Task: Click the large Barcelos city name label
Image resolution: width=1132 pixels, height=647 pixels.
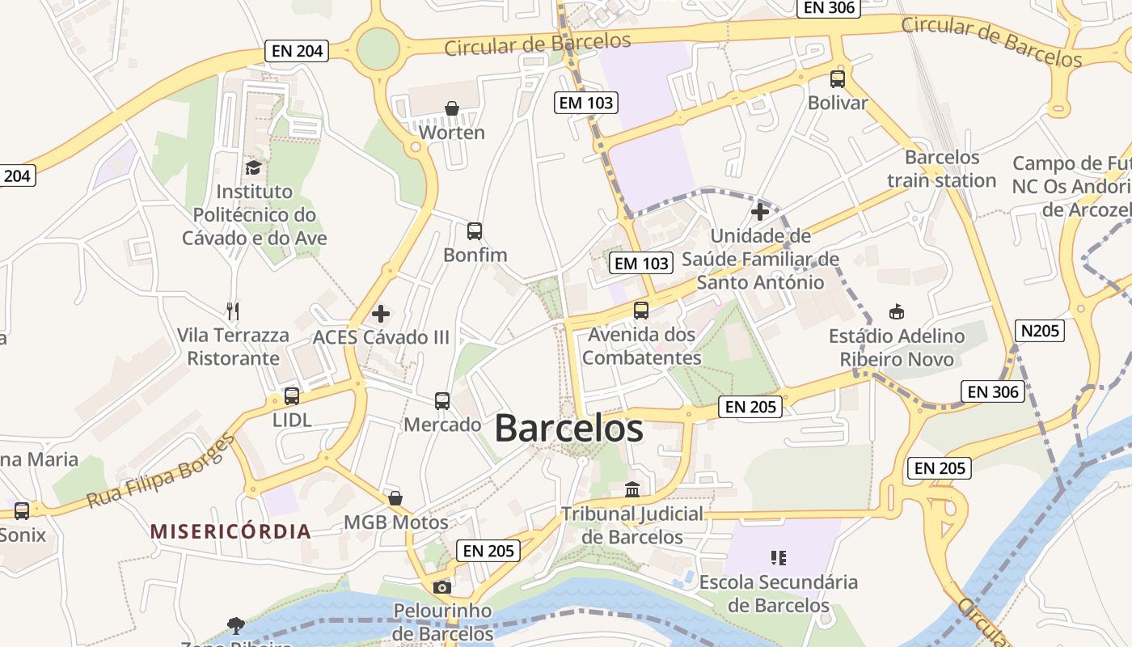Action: coord(568,428)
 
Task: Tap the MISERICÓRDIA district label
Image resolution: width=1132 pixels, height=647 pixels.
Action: coord(230,531)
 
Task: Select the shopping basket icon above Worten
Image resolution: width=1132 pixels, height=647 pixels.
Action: coord(452,108)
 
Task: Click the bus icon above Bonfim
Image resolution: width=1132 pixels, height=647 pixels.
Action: coord(475,231)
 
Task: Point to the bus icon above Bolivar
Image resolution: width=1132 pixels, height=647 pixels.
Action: coord(838,79)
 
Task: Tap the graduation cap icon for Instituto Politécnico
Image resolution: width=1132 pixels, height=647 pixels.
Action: coord(254,167)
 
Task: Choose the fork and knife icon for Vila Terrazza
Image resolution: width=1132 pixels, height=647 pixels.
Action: coord(233,311)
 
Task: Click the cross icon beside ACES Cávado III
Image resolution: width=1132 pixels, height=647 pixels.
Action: coord(381,313)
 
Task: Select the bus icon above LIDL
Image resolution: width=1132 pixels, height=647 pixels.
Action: coord(292,396)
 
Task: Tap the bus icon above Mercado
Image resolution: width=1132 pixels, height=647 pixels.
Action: coord(442,400)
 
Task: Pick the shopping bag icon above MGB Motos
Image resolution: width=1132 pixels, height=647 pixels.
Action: coord(395,498)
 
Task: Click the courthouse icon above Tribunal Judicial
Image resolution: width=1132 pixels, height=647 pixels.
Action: coord(632,489)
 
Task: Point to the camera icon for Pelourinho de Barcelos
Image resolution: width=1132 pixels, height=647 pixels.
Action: coord(441,587)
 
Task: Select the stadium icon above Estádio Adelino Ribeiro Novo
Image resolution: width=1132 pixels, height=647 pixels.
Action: coord(896,311)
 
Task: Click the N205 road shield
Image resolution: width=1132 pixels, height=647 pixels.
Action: coord(1039,330)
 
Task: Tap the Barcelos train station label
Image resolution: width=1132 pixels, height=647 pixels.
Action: coord(942,168)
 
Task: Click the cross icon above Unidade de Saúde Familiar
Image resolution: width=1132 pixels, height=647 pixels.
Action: coord(760,212)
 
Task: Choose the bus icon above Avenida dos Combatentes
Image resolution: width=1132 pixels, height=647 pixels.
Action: coord(641,310)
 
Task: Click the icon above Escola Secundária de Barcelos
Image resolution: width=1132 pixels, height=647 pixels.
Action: coord(779,557)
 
